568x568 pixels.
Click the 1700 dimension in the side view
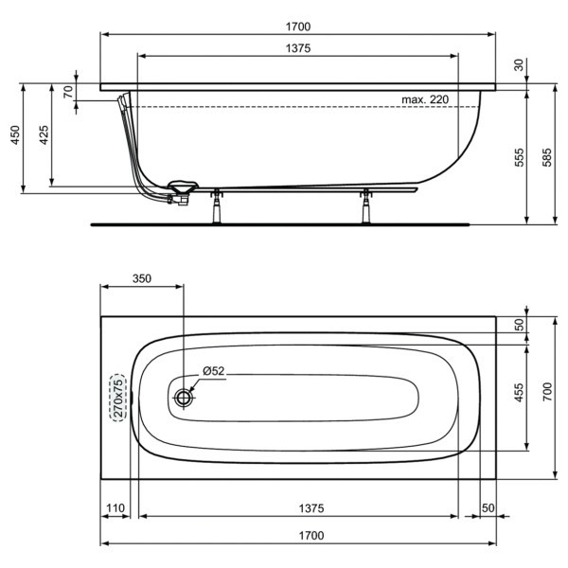(296, 27)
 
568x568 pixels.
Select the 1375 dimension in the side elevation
(296, 48)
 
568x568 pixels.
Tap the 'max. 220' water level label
(424, 98)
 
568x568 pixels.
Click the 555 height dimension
(519, 157)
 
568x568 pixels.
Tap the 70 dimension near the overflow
(67, 91)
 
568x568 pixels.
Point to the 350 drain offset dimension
(141, 278)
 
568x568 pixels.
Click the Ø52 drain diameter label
(212, 371)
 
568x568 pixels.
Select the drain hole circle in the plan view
(182, 398)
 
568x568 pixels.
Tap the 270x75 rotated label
(118, 398)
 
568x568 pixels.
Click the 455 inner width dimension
(519, 394)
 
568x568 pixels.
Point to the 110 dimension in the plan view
(115, 509)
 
